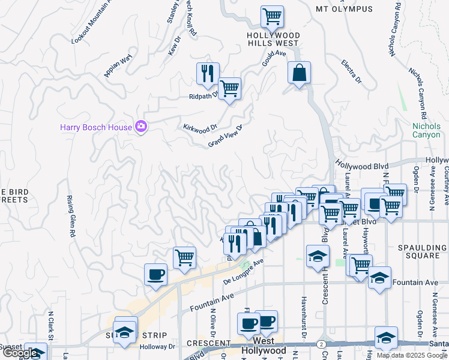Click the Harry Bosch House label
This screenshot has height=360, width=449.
[95, 127]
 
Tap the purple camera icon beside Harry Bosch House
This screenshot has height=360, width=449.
[141, 126]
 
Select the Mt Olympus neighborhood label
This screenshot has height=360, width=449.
[344, 9]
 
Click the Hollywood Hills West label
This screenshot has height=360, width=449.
[273, 39]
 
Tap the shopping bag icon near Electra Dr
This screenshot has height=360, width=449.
[298, 73]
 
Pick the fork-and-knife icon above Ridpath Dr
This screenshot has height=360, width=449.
[208, 74]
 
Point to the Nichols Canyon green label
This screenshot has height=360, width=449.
[426, 130]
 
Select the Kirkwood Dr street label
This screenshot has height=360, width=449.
[200, 128]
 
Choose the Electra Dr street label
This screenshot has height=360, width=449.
[352, 70]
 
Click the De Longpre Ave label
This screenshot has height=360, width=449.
[244, 271]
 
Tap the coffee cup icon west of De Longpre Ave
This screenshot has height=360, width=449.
[155, 274]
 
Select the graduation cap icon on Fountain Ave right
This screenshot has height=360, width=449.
[379, 278]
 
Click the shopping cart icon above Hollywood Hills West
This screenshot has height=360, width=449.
[272, 16]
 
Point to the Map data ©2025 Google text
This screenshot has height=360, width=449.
[412, 355]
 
